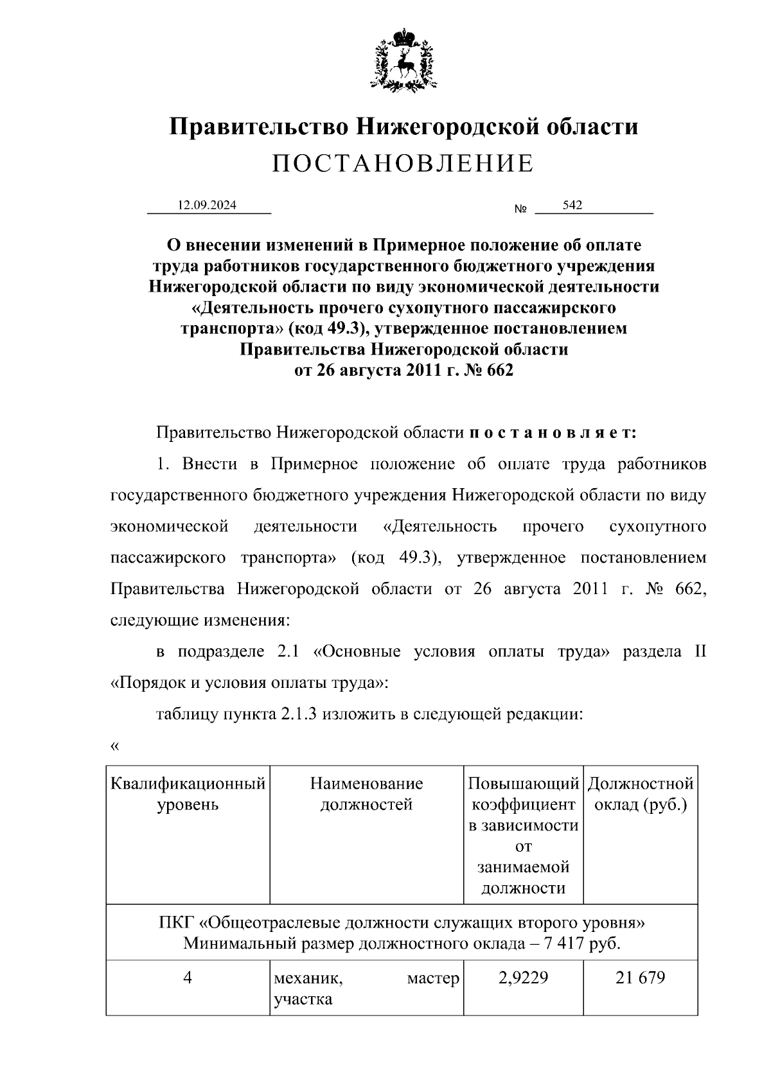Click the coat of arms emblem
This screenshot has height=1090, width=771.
click(x=403, y=58)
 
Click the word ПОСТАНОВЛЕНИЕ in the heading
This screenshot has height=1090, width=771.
click(x=403, y=164)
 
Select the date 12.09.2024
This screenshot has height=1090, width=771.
click(x=207, y=206)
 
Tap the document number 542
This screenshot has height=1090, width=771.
click(x=572, y=205)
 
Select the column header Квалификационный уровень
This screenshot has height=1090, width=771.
click(x=188, y=794)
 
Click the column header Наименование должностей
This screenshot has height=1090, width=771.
click(x=366, y=794)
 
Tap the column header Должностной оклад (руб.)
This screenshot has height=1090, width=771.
click(x=641, y=794)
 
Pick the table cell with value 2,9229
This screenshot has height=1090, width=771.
click(x=523, y=978)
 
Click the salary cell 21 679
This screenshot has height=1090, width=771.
click(x=640, y=978)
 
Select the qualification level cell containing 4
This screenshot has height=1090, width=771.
click(x=188, y=978)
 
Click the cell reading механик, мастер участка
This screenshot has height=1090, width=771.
click(x=366, y=989)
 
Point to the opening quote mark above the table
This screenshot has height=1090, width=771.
click(x=115, y=746)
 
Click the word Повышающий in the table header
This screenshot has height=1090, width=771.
click(x=523, y=784)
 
